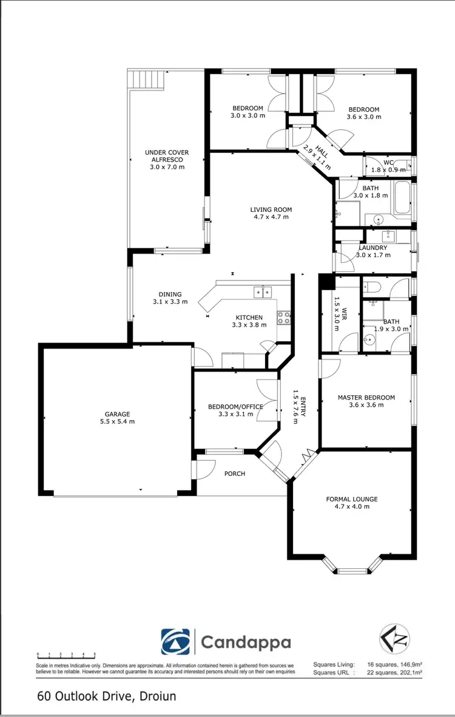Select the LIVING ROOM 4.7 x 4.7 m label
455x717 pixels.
[269, 213]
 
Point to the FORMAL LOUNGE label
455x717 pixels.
[351, 502]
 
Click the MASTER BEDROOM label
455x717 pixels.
[366, 401]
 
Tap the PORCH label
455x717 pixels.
[234, 474]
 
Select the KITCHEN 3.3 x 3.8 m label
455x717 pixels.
[249, 321]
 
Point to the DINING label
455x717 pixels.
[167, 297]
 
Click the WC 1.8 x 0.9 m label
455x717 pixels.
[388, 166]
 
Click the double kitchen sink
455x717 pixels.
[262, 293]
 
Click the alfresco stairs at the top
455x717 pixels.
[146, 80]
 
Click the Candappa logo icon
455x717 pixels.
[176, 642]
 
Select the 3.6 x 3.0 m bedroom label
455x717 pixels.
[364, 113]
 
